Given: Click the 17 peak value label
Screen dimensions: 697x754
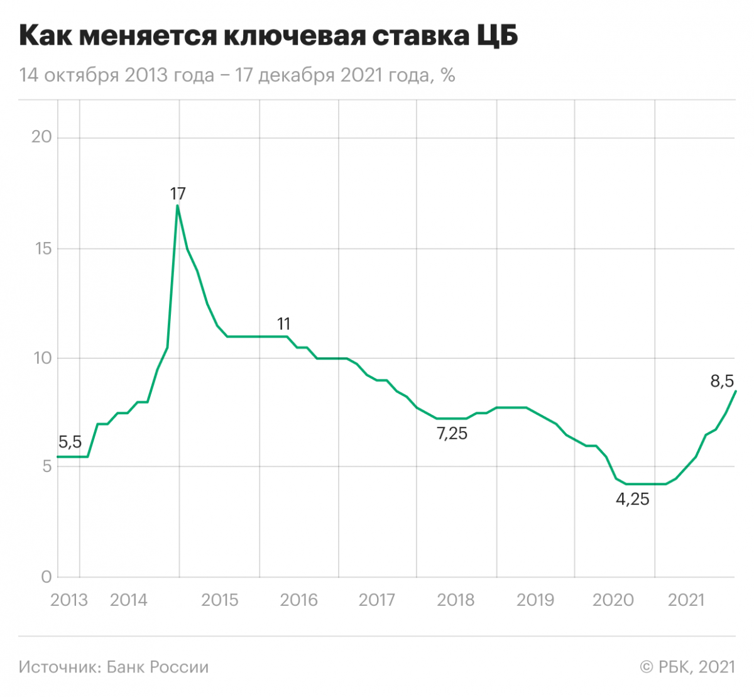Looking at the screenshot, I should coord(178,194).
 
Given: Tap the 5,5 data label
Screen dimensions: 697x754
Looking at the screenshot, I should coord(70,442).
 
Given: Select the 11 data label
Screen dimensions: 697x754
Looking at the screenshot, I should coord(283,324).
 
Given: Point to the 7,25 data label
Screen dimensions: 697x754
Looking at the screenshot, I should coord(452,433).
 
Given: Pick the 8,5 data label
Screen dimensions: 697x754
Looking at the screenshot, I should coord(722,381).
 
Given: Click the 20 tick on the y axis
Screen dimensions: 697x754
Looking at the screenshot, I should coord(41,138).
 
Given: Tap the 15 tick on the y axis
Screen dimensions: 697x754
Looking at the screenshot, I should coord(41,248).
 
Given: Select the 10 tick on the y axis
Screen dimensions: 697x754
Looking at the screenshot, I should coord(41,358).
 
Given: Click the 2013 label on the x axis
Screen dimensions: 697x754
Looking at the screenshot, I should coord(68,600).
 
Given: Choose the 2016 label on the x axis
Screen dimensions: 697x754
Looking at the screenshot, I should coord(298,600).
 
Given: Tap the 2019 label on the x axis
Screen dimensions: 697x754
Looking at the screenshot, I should coord(535,600).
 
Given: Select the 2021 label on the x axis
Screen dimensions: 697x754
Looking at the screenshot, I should coord(686,600).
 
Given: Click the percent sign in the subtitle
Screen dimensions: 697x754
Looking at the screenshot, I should coord(447,75).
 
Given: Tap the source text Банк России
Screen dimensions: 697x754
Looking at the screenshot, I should coord(157,667).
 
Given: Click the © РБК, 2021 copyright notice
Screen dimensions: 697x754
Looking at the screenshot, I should coord(687,667).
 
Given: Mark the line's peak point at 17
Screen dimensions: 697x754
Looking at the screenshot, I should coord(178,206).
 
